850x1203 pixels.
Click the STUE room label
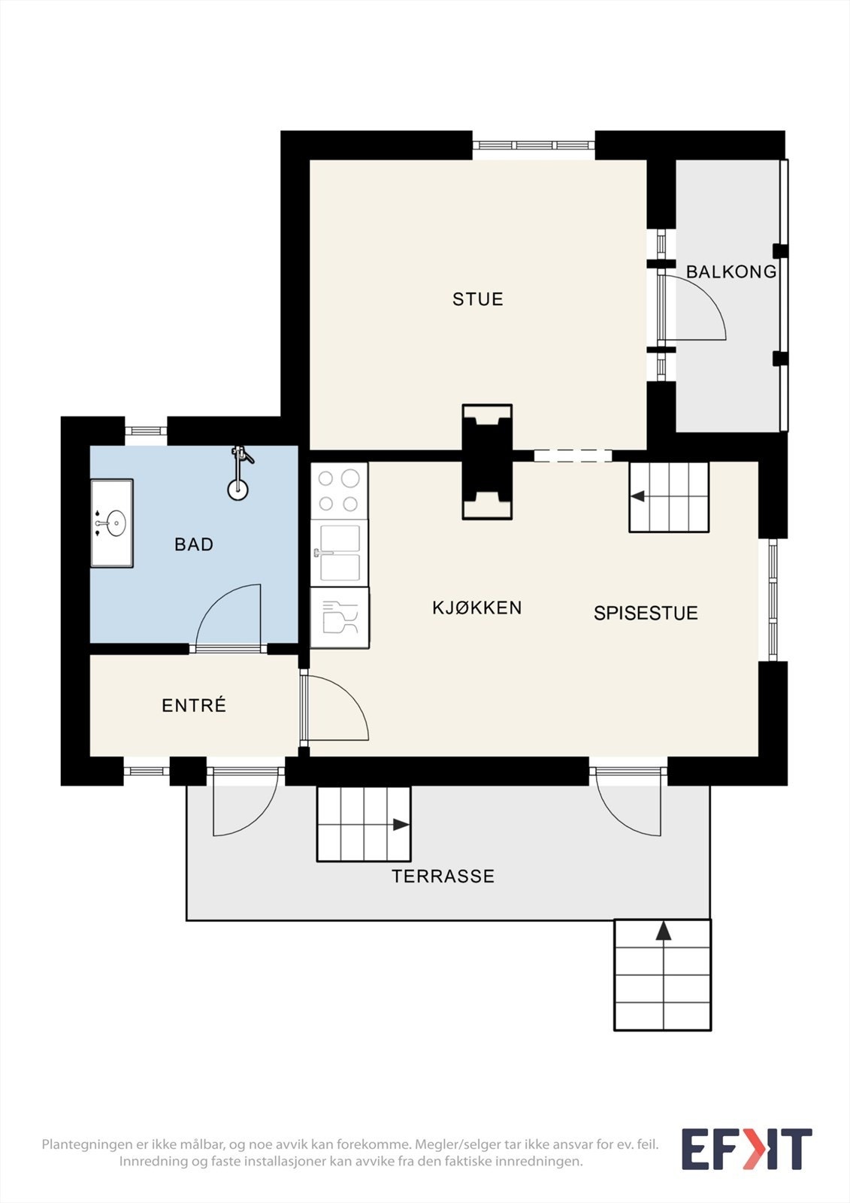pyautogui.click(x=477, y=299)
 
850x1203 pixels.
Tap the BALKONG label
pyautogui.click(x=731, y=271)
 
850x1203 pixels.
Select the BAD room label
pyautogui.click(x=194, y=544)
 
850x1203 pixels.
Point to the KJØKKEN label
pyautogui.click(x=476, y=608)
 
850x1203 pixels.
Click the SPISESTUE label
pyautogui.click(x=646, y=614)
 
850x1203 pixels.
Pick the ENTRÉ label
pyautogui.click(x=194, y=705)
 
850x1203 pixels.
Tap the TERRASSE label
pyautogui.click(x=443, y=877)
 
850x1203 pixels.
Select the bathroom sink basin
pyautogui.click(x=116, y=523)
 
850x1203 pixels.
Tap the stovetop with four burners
pyautogui.click(x=340, y=491)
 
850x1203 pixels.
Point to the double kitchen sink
pyautogui.click(x=340, y=553)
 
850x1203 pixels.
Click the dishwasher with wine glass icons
pyautogui.click(x=340, y=617)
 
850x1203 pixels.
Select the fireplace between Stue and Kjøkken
pyautogui.click(x=487, y=462)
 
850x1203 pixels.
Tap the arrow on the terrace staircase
pyautogui.click(x=401, y=824)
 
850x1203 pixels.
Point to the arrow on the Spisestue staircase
pyautogui.click(x=637, y=496)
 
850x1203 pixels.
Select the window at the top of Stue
pyautogui.click(x=534, y=146)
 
